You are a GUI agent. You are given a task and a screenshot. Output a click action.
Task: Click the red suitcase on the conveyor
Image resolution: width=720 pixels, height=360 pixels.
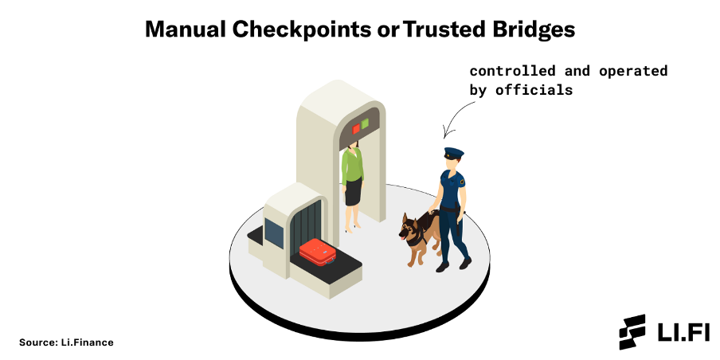click(317, 252)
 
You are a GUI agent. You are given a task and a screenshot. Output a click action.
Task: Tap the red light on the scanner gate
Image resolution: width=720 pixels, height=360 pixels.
click(356, 128)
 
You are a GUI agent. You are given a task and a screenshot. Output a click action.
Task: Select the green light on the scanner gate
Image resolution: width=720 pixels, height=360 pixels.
click(365, 123)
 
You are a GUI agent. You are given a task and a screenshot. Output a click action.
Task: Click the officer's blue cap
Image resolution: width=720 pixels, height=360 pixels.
click(454, 152)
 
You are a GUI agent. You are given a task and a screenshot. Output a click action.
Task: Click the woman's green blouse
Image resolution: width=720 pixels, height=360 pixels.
click(353, 166)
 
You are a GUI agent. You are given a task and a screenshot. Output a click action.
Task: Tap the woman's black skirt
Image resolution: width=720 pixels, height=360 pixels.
click(354, 191)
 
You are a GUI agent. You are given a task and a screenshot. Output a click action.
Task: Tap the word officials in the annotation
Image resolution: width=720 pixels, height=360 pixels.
click(534, 90)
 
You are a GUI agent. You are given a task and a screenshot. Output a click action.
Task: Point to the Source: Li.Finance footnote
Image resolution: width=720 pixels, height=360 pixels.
click(66, 342)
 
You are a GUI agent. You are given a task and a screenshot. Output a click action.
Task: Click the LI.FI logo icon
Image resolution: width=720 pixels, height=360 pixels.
click(632, 331)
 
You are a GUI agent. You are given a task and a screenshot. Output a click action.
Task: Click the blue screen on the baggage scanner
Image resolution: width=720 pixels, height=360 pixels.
click(274, 233)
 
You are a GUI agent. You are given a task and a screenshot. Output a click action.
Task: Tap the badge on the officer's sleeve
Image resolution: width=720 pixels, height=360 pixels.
click(462, 182)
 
